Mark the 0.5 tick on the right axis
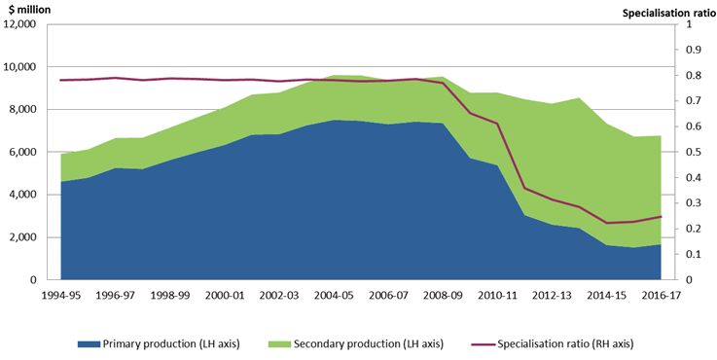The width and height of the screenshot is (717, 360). pos(693,153)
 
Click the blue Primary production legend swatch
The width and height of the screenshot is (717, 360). pos(92,344)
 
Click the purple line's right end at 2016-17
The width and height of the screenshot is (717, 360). pos(661,217)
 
